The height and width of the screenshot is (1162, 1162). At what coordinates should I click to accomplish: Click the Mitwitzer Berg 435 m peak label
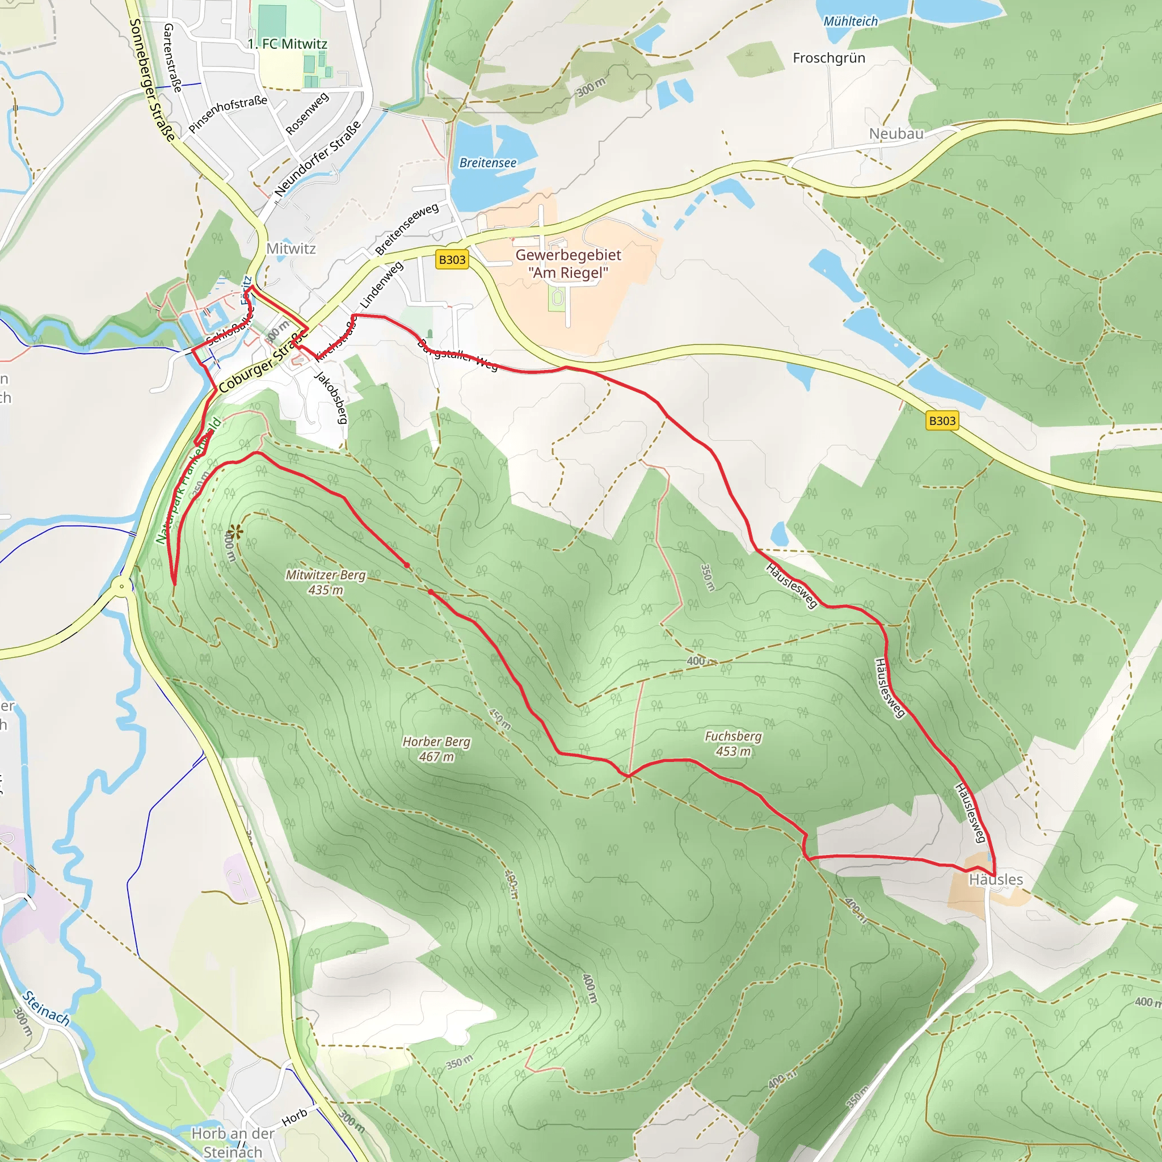[325, 582]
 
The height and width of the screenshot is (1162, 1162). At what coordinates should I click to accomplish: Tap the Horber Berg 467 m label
[437, 749]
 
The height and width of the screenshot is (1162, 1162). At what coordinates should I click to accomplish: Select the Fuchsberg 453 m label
[732, 743]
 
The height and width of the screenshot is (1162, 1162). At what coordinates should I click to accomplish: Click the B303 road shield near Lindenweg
[452, 260]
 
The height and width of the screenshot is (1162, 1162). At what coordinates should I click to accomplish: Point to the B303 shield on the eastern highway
[942, 421]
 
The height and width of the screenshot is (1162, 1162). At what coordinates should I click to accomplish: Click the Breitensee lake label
[488, 163]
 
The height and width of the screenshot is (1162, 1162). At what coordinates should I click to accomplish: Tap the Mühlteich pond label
[851, 22]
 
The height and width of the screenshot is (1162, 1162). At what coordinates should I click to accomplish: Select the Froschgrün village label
[829, 58]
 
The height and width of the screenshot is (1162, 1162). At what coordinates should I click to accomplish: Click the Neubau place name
[896, 133]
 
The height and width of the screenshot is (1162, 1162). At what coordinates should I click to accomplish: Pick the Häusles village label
[995, 879]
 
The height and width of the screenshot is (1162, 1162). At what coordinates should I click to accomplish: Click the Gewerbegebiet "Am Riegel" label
[568, 263]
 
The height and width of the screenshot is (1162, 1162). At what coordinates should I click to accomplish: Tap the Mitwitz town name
[291, 249]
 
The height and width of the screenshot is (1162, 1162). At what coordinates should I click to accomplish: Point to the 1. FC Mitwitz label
[288, 44]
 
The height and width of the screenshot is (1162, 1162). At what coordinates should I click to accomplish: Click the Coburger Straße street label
[263, 363]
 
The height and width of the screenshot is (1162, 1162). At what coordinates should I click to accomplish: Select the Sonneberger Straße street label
[152, 80]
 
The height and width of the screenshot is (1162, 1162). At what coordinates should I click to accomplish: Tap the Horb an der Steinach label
[233, 1142]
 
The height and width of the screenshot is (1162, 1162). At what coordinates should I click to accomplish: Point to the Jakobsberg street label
[331, 398]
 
